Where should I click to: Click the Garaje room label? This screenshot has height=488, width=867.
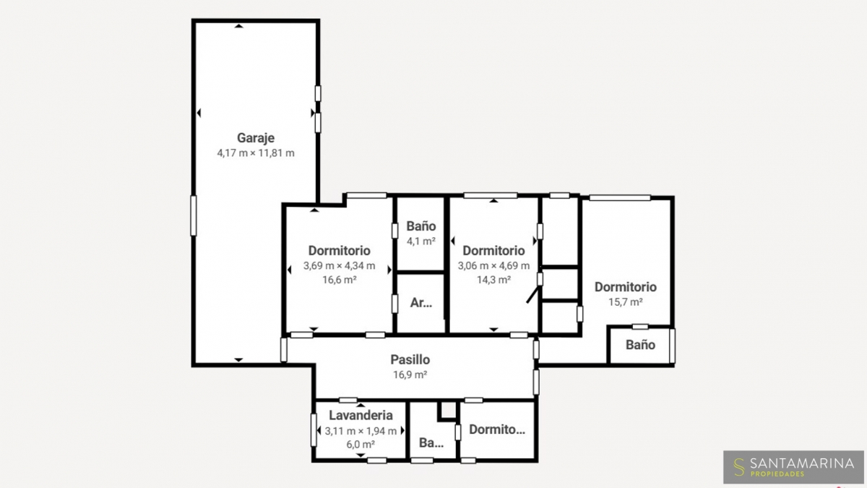pos(256,138)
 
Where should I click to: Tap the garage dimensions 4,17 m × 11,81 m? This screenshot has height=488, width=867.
pos(256,153)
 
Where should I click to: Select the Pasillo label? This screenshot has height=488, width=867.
pos(410,360)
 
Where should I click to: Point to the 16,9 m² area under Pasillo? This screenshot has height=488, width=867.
pos(410,374)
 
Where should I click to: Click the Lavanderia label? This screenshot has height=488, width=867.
pos(361,415)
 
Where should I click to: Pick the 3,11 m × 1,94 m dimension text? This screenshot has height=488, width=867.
pos(361,431)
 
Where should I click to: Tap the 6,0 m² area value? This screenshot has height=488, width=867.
pos(361,444)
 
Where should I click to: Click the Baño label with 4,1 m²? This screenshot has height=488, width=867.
pos(421,226)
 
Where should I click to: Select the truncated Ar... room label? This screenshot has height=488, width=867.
pos(421,302)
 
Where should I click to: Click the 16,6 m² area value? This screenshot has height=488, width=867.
pos(339,279)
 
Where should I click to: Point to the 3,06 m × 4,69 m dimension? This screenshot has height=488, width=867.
pos(493,266)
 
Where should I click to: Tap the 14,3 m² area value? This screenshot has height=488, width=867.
pos(493,279)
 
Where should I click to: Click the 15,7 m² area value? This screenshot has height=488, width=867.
pos(626,301)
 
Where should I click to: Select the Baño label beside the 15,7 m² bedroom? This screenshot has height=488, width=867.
pos(640,345)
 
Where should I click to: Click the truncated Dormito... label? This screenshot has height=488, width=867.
pos(497,429)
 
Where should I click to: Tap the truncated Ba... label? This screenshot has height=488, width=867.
pos(431,442)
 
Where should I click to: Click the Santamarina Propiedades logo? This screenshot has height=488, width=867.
pos(793,467)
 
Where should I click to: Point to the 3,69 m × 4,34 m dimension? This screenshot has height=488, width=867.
pos(339,266)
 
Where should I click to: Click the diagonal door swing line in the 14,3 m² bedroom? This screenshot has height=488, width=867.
pos(533,294)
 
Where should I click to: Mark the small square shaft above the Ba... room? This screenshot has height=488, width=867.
pos(448,411)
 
